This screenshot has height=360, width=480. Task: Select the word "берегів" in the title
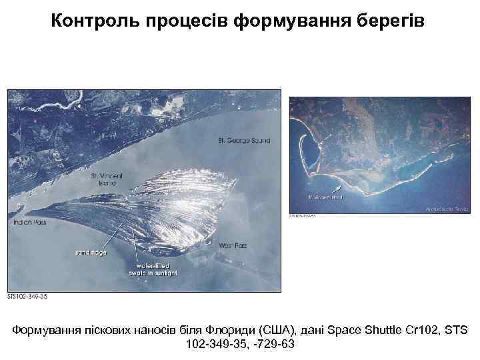coord(395,22)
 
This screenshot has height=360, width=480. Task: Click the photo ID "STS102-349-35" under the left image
coord(27,296)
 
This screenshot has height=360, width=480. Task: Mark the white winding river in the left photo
coord(60,103)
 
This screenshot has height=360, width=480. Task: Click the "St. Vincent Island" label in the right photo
coord(325,197)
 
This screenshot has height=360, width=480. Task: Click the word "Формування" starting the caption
coord(45,330)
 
